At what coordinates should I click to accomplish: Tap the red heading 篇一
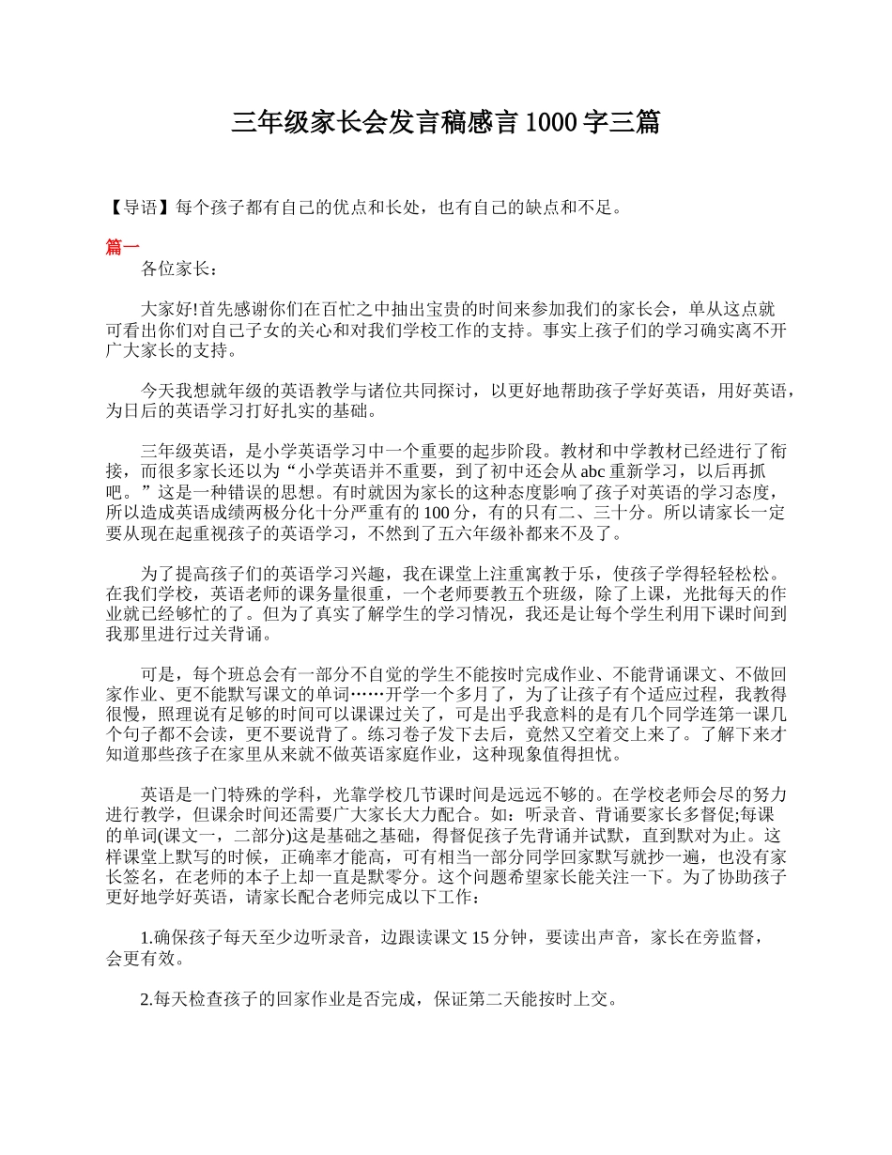[122, 247]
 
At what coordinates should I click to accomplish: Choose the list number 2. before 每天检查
[146, 999]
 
